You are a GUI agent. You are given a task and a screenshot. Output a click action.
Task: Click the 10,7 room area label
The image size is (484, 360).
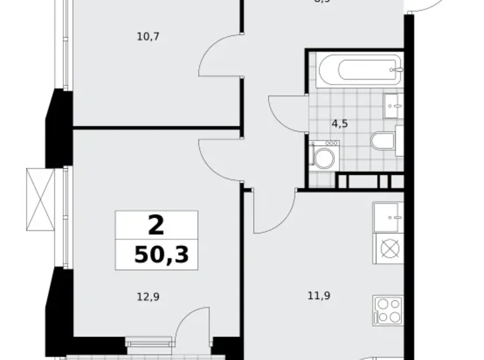coord(148,37)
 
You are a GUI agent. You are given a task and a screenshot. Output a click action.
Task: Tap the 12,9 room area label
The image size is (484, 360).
coord(147,297)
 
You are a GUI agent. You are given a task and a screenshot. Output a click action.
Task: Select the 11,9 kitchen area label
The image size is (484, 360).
coord(318,296)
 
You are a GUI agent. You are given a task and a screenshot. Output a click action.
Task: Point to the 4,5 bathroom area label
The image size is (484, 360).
coord(339,124)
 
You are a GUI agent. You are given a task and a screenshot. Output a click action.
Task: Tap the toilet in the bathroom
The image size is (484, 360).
coord(383,141)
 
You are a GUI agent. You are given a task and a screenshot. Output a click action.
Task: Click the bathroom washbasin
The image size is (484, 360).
coord(392,106)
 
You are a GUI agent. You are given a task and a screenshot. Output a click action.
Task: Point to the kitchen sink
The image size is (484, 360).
coord(388,216)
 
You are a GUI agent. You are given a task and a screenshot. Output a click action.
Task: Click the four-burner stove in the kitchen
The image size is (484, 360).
coord(388,310)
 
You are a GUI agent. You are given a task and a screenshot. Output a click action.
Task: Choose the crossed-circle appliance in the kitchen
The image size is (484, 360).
coord(388,250)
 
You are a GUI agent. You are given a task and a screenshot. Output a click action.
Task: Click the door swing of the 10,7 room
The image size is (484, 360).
coord(218,58)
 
